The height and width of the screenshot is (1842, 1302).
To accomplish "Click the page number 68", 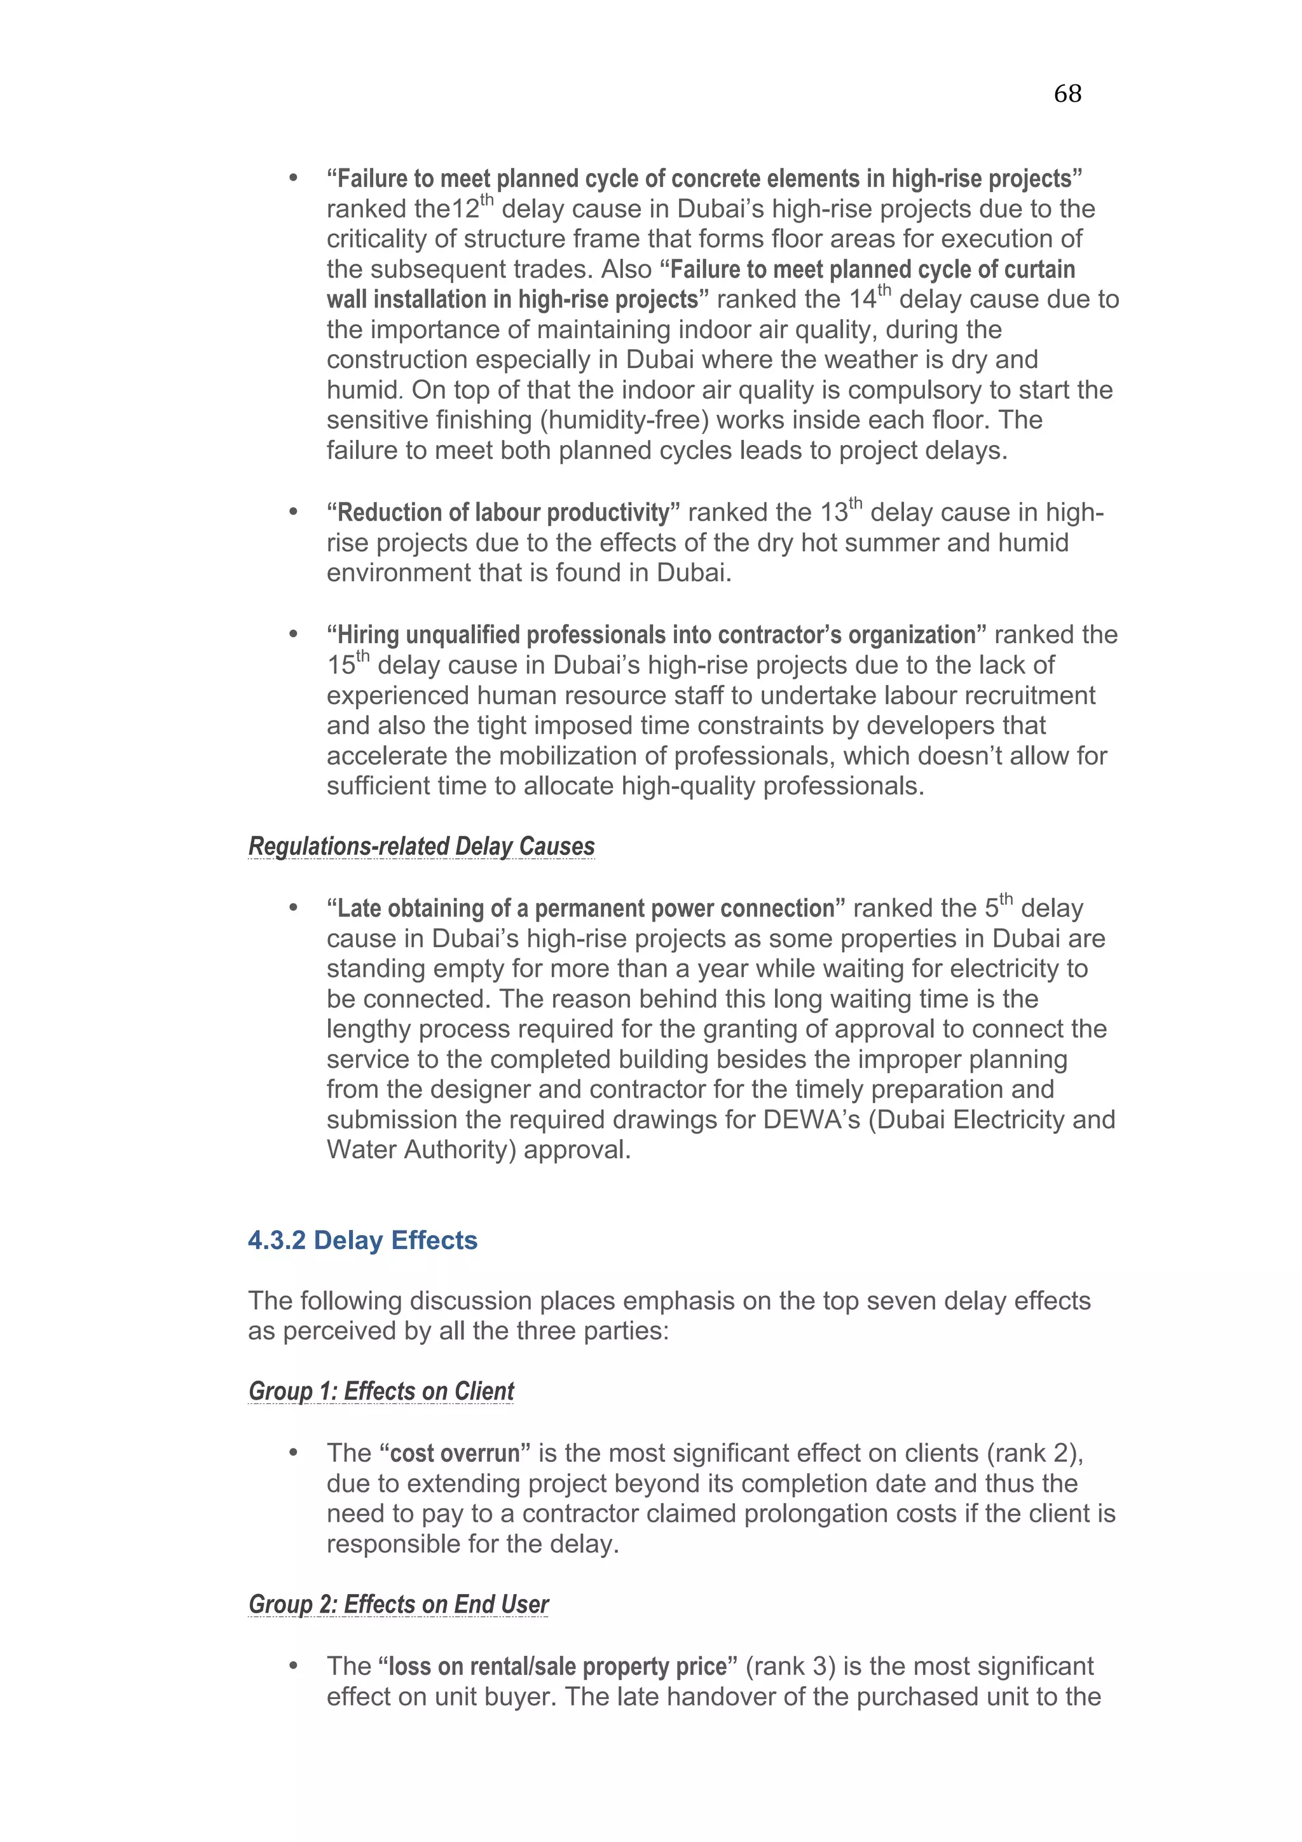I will [1067, 94].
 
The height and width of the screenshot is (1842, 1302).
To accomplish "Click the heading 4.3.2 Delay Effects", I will [362, 1240].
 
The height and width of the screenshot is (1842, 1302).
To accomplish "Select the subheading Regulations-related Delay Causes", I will [421, 847].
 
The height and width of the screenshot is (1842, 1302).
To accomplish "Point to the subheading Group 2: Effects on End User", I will [399, 1603].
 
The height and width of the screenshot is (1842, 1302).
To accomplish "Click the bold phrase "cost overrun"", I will [455, 1453].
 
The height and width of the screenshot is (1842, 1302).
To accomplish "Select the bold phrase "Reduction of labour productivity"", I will [504, 513].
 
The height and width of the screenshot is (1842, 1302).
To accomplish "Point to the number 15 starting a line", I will [340, 666].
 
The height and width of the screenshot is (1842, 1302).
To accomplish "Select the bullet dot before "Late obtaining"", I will [294, 908].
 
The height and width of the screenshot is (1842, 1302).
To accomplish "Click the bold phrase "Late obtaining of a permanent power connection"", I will [586, 908].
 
